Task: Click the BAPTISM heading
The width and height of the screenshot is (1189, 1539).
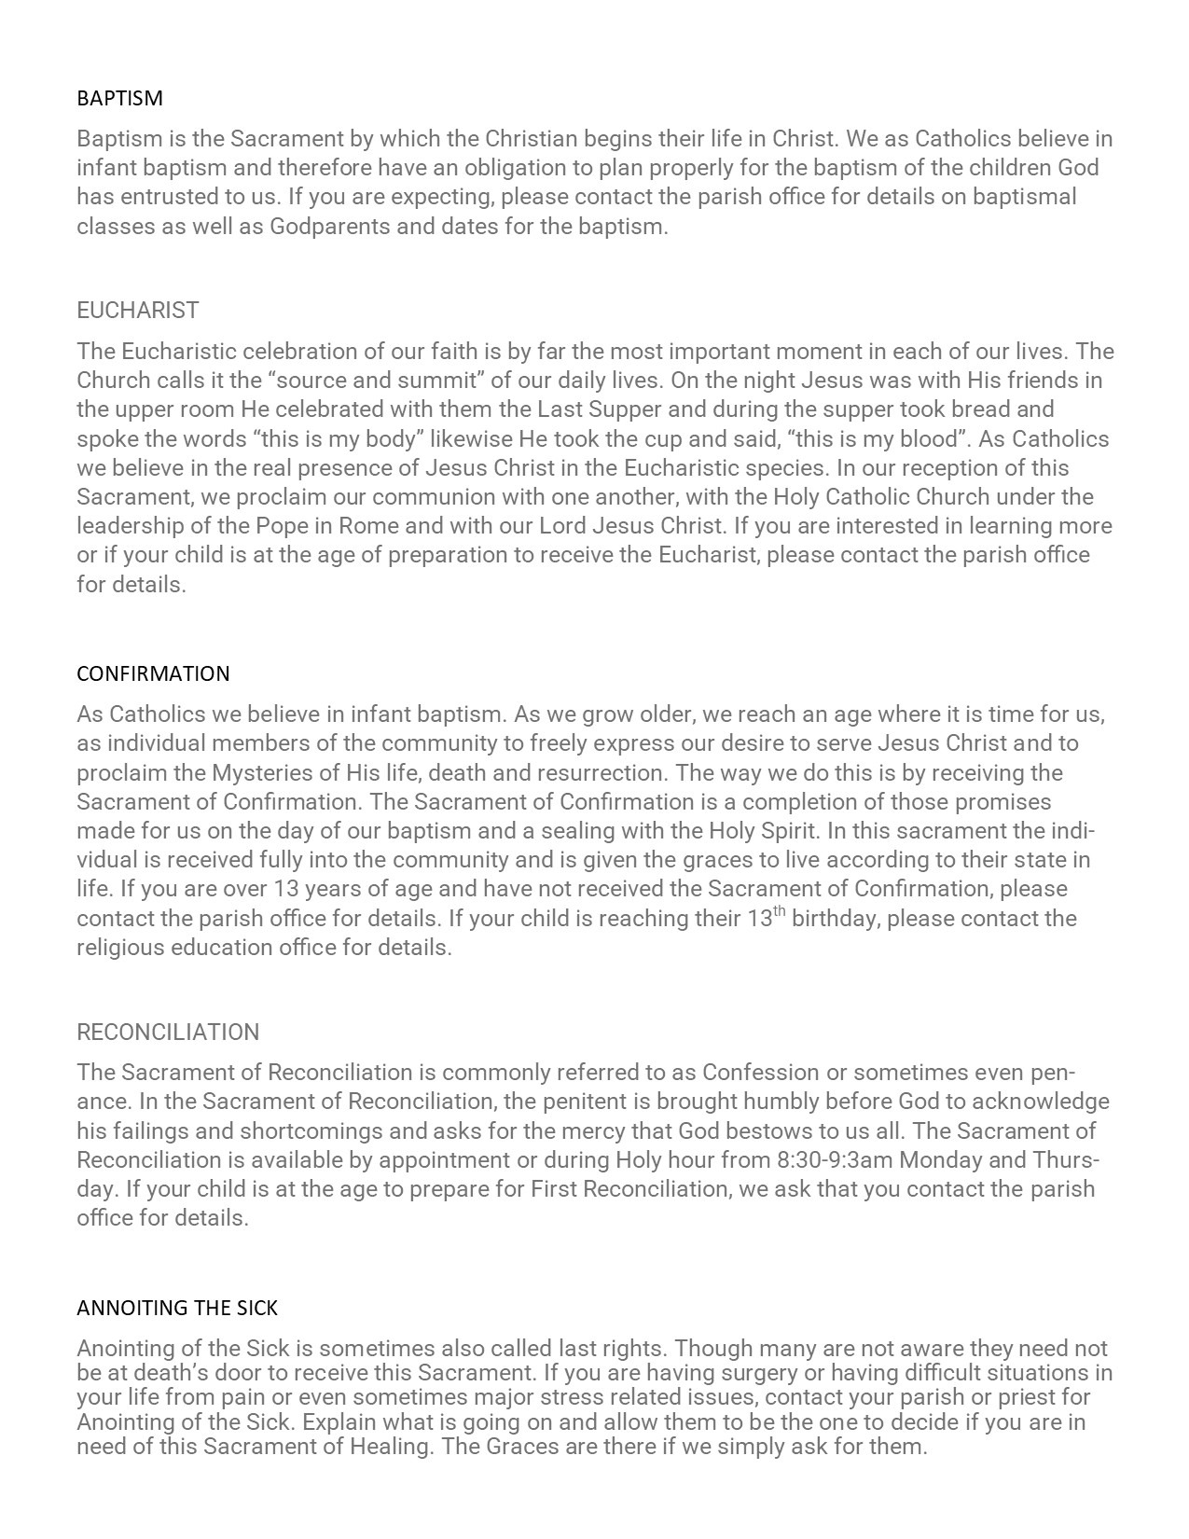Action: tap(119, 98)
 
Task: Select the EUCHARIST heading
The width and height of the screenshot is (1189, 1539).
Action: tap(138, 310)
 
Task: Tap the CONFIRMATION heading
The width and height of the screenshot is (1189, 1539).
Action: tap(153, 673)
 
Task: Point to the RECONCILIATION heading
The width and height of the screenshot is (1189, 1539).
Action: tap(168, 1032)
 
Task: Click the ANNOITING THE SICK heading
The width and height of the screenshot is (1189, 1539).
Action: tap(177, 1308)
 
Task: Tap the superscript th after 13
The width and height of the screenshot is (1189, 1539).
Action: tap(780, 912)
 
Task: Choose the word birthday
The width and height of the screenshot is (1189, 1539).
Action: tap(834, 919)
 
